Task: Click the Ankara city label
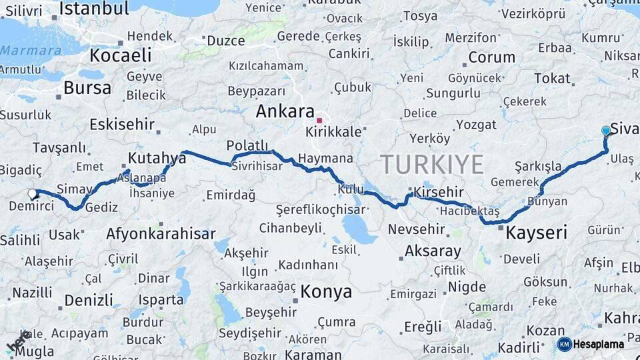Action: (285, 111)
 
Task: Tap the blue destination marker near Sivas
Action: (605, 131)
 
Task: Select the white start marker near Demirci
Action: (32, 194)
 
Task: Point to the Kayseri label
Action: (536, 233)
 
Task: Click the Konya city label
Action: (325, 291)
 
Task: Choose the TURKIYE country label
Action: (431, 164)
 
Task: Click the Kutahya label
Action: (157, 158)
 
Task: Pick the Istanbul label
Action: (94, 9)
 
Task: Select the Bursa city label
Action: (87, 88)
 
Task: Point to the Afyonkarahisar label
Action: (161, 234)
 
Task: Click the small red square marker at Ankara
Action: (319, 121)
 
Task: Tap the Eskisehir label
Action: (122, 124)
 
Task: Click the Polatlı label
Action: (247, 145)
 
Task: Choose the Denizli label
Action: (89, 300)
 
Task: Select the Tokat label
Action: (552, 79)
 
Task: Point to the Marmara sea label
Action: (31, 50)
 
